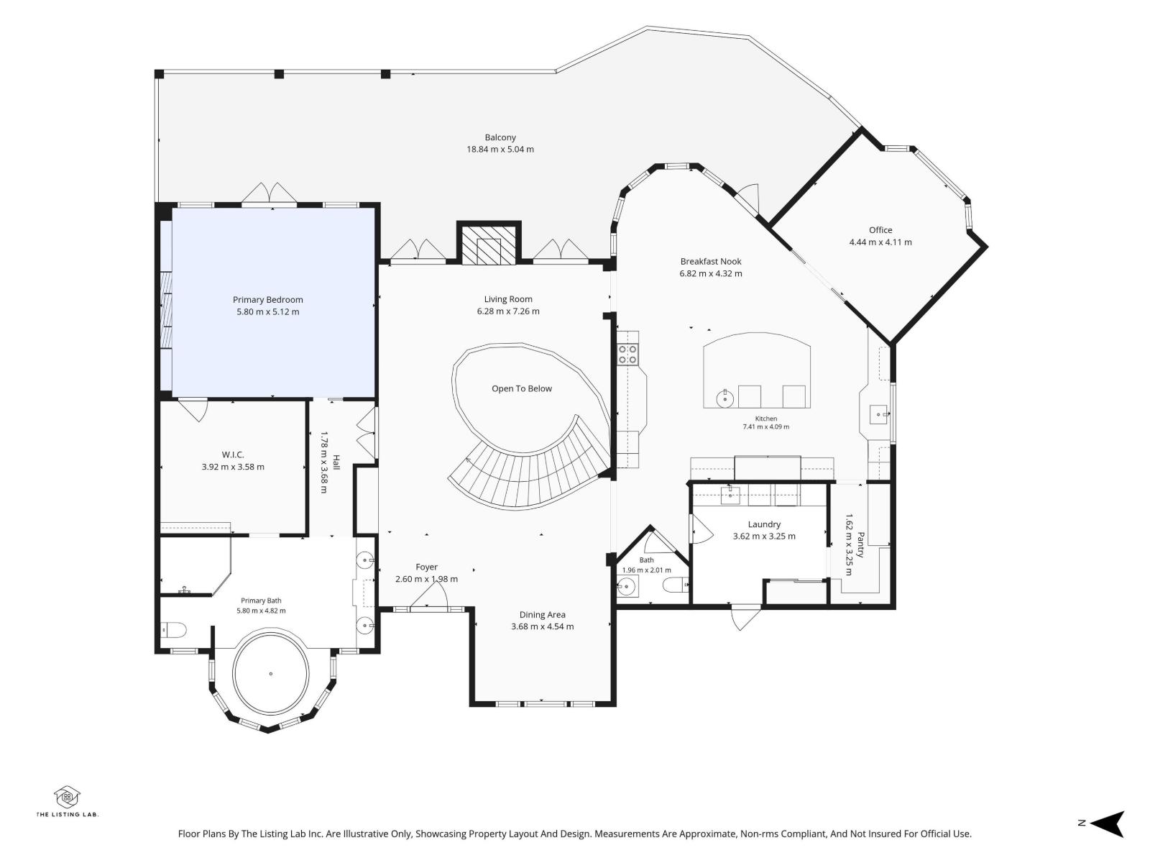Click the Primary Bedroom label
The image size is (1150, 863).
pos(267,300)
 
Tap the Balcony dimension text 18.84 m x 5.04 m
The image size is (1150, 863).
pos(500,150)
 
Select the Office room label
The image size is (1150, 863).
pos(880,230)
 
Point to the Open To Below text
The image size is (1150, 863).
pos(522,389)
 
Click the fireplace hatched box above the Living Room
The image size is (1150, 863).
pos(489,245)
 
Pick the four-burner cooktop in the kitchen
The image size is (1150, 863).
pos(627,354)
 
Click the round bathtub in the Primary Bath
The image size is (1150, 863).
pos(271,673)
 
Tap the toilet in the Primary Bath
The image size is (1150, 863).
pos(172,630)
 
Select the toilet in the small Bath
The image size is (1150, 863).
pos(676,585)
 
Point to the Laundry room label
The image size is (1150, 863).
pos(764,524)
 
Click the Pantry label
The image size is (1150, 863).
pos(860,545)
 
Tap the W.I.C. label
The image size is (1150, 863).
pos(233,455)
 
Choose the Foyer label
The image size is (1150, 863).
pos(426,567)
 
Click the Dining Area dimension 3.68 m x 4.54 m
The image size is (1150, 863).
pos(542,626)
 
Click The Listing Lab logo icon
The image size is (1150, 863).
pos(67,798)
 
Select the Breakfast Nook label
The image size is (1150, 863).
pos(711,262)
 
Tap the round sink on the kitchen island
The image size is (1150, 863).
pos(724,399)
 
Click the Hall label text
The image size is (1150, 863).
pos(336,462)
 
